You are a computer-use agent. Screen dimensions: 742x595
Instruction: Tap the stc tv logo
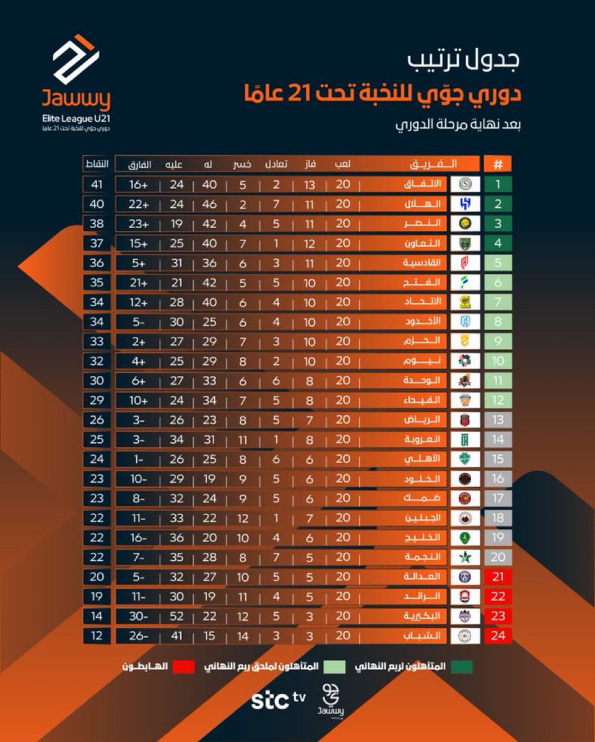coord(278,700)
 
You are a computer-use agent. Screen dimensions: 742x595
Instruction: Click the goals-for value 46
coord(209,204)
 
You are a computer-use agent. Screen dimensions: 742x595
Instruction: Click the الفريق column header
coord(433,164)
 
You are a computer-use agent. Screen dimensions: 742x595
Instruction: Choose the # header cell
coord(498,164)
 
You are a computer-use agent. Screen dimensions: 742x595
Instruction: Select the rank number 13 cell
coord(498,419)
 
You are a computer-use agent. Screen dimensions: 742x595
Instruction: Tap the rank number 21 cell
coord(498,576)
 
